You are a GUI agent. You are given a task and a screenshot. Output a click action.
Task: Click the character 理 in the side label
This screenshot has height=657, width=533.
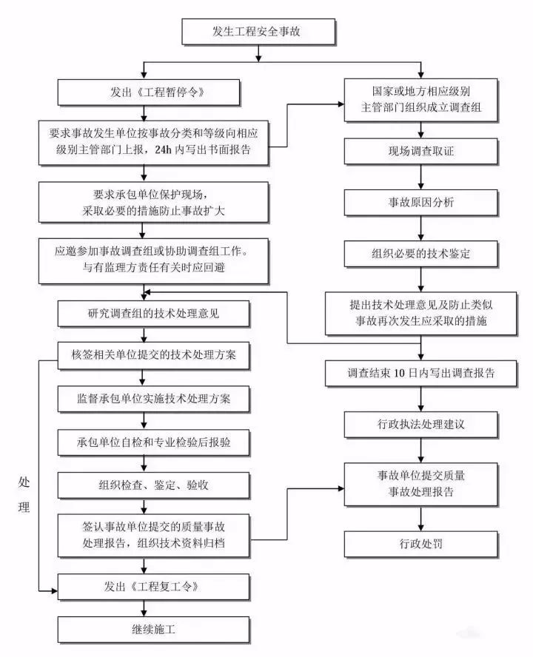(x=24, y=508)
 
